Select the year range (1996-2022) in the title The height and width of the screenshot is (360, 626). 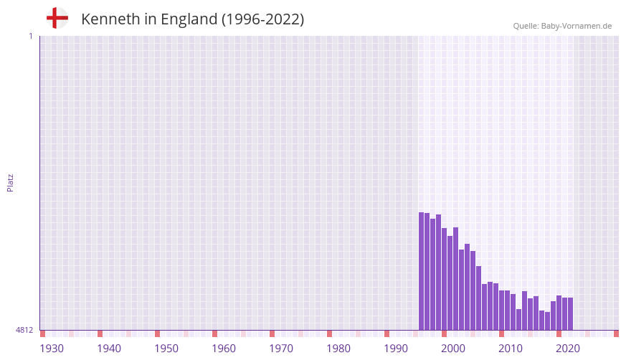pos(262,19)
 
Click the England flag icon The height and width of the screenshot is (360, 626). pos(57,18)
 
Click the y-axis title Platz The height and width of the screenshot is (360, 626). pos(10,182)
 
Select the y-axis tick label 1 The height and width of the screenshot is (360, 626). pos(30,36)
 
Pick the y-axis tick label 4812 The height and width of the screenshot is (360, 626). pos(24,330)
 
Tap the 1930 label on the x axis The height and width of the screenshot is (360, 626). pos(52,349)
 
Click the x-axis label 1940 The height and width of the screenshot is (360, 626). pos(109,349)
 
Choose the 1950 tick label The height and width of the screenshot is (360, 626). pos(166,349)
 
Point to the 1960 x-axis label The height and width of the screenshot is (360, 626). pos(224,349)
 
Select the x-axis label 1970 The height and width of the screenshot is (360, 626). pos(281,349)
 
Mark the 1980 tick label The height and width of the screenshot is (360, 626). pos(338,349)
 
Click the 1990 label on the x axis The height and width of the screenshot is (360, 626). pos(396,349)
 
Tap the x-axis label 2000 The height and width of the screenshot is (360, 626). pos(453,349)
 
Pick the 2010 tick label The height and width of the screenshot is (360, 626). pos(511,349)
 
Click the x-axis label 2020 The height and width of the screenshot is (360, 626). pos(568,349)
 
